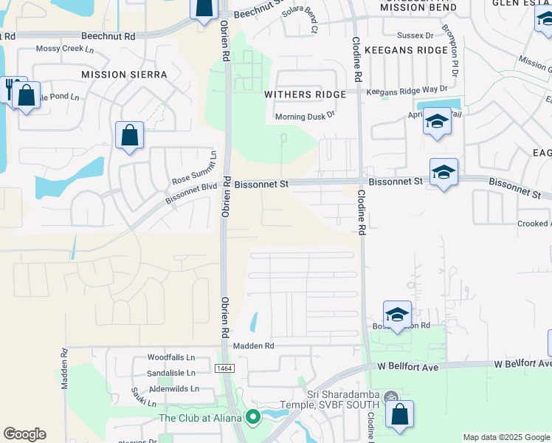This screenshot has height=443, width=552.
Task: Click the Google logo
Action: tap(24, 434)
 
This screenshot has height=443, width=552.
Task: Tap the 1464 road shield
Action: tap(224, 368)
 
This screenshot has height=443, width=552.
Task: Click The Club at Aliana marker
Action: tap(253, 418)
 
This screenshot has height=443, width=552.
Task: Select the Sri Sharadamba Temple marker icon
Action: tap(391, 397)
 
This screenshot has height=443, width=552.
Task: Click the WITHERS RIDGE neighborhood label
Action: tap(305, 95)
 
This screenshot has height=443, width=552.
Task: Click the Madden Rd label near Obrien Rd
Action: tap(253, 346)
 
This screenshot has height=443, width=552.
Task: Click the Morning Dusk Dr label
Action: tap(305, 116)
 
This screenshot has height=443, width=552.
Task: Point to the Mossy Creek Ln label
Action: tap(67, 48)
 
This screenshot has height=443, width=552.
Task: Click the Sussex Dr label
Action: tap(414, 35)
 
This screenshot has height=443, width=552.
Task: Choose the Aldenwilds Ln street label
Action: tap(173, 388)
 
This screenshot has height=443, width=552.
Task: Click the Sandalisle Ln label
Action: tap(170, 373)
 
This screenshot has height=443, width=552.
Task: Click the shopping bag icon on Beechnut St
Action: tap(204, 9)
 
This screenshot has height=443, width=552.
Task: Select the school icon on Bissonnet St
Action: tap(444, 173)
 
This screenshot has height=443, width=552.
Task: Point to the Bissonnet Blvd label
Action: tap(191, 192)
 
